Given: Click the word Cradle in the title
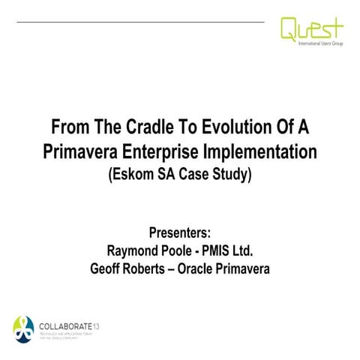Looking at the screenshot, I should (136, 124).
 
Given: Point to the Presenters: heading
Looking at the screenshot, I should (180, 231).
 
